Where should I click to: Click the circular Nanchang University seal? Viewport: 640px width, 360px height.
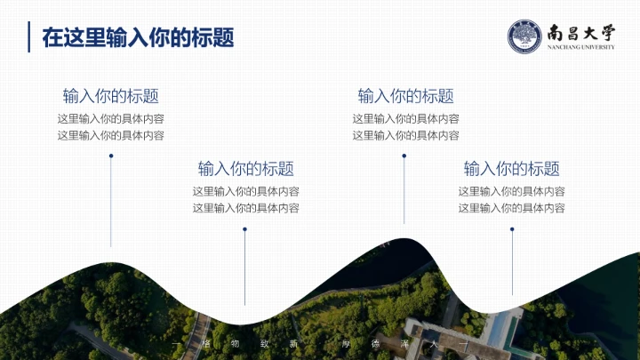click(524, 36)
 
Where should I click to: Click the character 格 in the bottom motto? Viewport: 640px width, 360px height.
click(206, 343)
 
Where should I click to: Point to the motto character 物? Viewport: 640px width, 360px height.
click(235, 343)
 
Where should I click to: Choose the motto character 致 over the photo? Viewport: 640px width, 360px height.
click(264, 343)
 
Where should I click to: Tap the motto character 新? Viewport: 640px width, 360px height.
click(292, 343)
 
